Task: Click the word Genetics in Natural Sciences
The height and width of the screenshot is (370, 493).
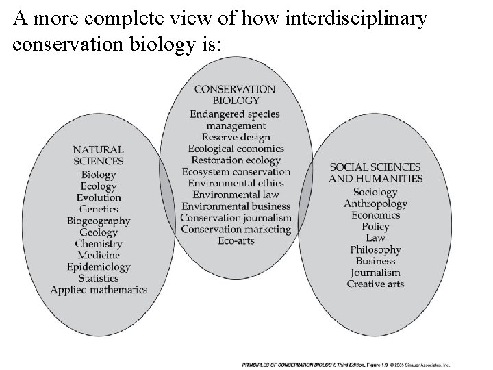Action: (x=99, y=209)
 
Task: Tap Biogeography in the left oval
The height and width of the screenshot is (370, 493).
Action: (x=99, y=221)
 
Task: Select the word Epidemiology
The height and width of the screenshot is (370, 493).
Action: (x=99, y=267)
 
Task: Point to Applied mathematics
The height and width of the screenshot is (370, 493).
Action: (x=99, y=290)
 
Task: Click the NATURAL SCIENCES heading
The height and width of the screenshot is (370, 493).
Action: (x=99, y=156)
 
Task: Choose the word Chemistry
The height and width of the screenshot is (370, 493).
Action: (x=99, y=244)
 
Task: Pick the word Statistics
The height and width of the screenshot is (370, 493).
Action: (x=99, y=278)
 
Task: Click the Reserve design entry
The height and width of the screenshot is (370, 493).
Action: (x=236, y=137)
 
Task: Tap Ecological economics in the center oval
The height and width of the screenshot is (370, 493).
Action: (x=236, y=149)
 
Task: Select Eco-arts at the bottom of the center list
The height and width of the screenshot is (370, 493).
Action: (x=236, y=241)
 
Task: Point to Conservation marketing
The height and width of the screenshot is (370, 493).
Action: (x=236, y=229)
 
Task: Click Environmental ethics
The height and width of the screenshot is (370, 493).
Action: (x=236, y=183)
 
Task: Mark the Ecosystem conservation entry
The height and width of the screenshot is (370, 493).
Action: (x=236, y=171)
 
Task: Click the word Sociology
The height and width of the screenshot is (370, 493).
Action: (x=375, y=192)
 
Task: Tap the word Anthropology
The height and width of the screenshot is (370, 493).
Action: (x=375, y=203)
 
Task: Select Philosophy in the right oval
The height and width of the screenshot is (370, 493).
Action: (x=375, y=249)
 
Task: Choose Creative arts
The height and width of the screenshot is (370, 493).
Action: (x=375, y=284)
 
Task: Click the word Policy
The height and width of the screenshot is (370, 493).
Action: (x=375, y=226)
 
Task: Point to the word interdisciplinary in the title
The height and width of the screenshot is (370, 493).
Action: (x=351, y=18)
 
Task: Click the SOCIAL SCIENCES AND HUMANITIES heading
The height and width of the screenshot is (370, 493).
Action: (x=375, y=173)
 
